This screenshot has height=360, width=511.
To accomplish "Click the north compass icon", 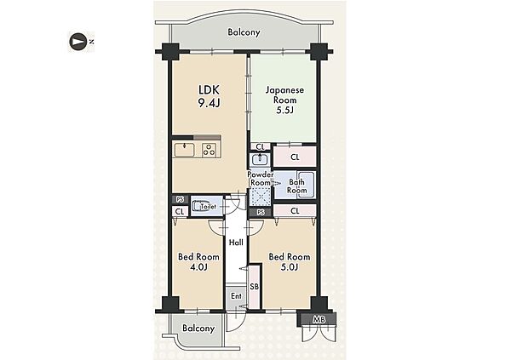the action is [x=78, y=42].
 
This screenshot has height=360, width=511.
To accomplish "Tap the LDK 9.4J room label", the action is [x=209, y=96].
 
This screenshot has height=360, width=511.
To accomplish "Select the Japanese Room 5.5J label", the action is [x=284, y=100].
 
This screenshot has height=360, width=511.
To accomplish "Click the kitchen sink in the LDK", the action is [x=184, y=150].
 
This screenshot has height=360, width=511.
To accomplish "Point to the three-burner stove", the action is [x=210, y=150].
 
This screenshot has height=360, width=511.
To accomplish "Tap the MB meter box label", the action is [x=319, y=320].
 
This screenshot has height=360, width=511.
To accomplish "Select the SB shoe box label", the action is [x=254, y=287].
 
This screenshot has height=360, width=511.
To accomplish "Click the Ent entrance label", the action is [x=236, y=296].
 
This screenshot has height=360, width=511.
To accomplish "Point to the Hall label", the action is [x=236, y=243].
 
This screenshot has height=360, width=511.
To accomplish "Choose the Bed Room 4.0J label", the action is [x=198, y=262].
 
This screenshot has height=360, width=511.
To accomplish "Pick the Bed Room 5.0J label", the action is [x=290, y=262].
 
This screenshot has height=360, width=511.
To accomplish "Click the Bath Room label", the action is [x=296, y=186].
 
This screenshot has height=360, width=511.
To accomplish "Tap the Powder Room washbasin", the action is [x=260, y=160].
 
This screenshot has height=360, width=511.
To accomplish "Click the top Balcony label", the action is [x=244, y=32].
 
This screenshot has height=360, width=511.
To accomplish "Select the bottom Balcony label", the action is [x=198, y=328].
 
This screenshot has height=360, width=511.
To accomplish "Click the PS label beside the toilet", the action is [x=180, y=199].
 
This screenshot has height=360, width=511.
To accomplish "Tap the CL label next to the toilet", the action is [x=180, y=211].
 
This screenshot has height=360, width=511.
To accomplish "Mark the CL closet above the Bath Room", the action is [x=295, y=157].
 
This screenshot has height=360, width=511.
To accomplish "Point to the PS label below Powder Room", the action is [x=261, y=213].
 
